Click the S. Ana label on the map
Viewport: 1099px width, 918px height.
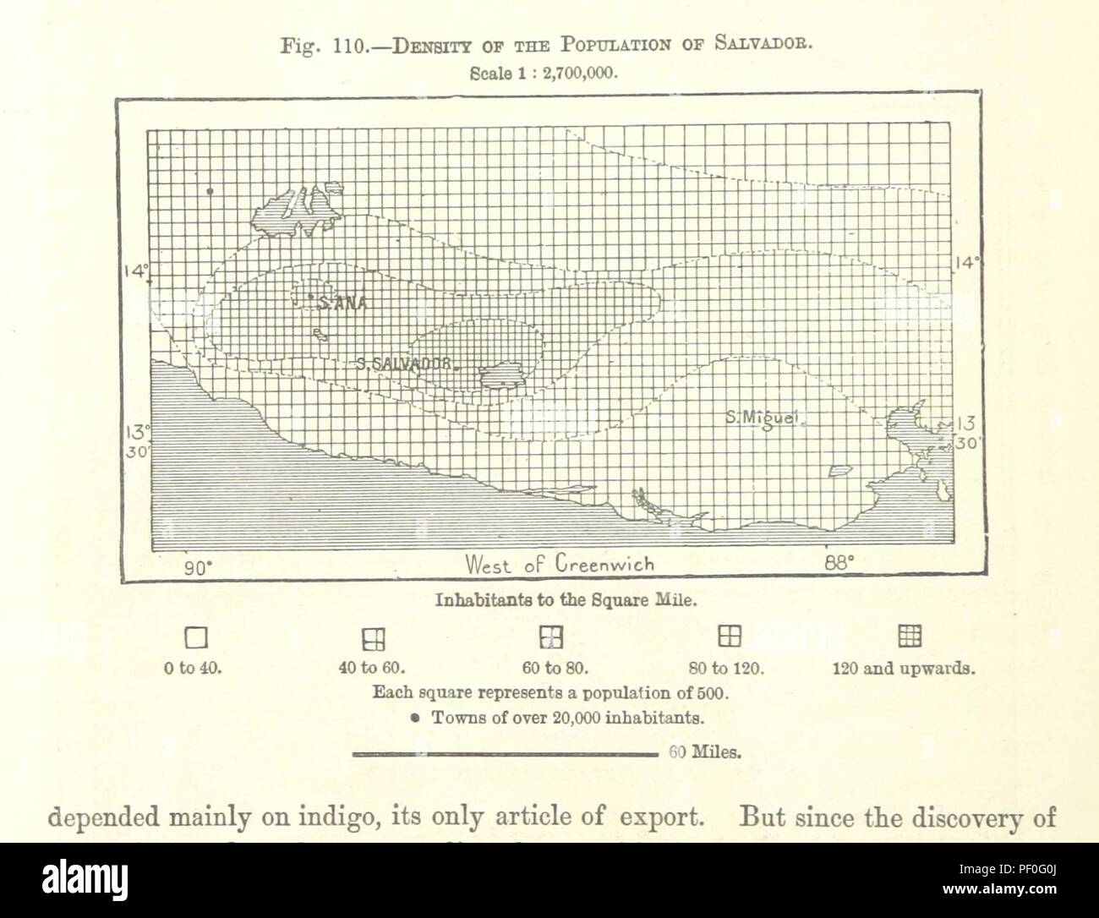pyautogui.click(x=341, y=302)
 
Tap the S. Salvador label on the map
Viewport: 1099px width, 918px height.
pyautogui.click(x=401, y=364)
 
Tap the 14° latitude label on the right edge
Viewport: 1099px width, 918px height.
pyautogui.click(x=965, y=263)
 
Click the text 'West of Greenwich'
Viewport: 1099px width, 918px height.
pyautogui.click(x=559, y=564)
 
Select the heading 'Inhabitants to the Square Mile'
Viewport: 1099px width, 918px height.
pyautogui.click(x=566, y=601)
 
